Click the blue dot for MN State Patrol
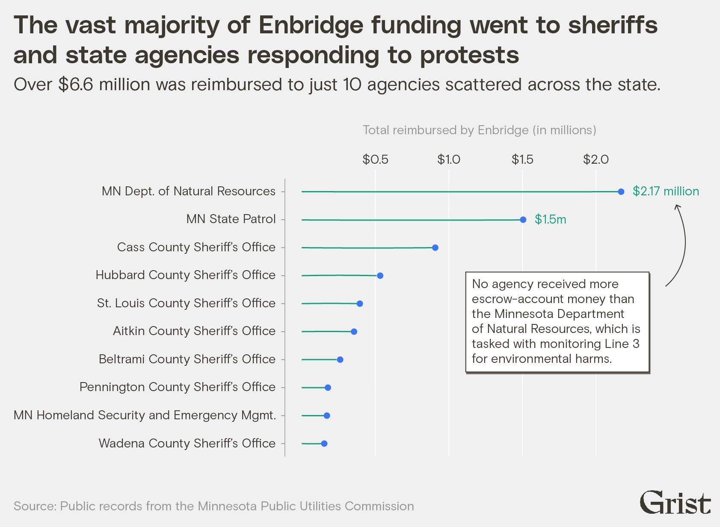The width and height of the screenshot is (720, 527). click(523, 220)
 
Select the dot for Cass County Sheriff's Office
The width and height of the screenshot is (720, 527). click(435, 247)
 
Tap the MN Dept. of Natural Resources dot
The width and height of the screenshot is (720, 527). click(621, 192)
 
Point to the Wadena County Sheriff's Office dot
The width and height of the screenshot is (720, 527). click(324, 444)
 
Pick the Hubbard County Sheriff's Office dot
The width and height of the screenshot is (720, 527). click(380, 276)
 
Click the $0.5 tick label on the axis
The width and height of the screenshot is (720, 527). click(375, 159)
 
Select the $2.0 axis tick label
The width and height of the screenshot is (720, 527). click(596, 159)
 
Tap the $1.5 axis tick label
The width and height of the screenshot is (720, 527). click(522, 159)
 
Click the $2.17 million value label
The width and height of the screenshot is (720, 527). click(666, 191)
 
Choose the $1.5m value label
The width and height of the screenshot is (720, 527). click(550, 219)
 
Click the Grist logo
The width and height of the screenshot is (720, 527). click(675, 503)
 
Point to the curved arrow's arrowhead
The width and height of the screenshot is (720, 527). click(677, 207)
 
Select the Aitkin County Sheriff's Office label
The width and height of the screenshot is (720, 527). click(194, 331)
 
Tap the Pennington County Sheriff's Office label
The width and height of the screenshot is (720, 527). click(177, 387)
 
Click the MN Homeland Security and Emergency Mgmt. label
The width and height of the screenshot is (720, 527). click(145, 415)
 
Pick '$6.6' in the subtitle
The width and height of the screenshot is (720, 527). click(76, 85)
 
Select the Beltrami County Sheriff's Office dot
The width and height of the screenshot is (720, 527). click(340, 359)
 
